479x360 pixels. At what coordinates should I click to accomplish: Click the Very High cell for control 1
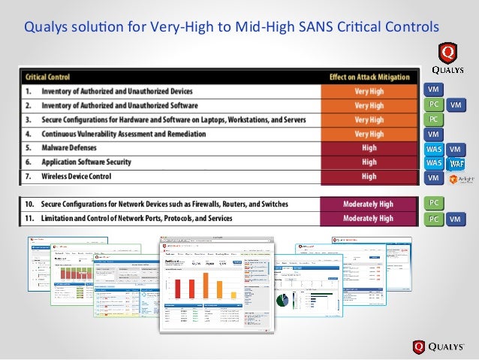point(369,91)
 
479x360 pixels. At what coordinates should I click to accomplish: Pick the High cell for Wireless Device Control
point(369,177)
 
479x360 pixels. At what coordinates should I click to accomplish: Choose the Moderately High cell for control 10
point(368,204)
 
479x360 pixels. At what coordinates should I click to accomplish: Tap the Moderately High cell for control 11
point(368,219)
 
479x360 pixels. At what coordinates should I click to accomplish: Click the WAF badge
point(456,163)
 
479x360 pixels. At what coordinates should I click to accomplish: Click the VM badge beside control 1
point(433,91)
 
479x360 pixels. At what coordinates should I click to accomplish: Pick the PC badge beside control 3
point(433,119)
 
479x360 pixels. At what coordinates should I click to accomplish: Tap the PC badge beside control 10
point(433,203)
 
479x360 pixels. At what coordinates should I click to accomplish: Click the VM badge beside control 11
point(455,219)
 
